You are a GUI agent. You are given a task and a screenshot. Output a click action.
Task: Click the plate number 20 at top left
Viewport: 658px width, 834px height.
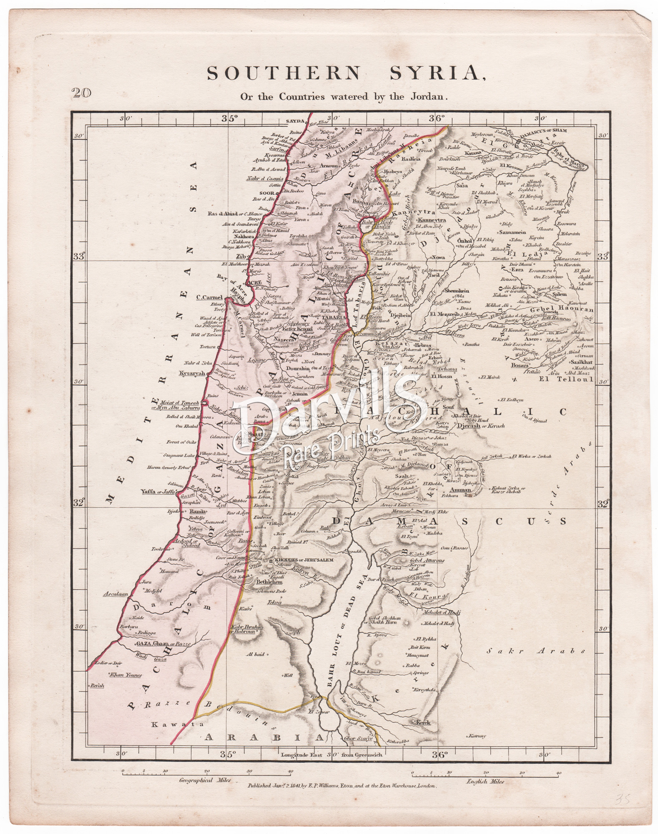(81, 93)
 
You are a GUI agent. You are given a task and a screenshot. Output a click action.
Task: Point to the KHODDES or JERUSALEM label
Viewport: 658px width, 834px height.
(304, 560)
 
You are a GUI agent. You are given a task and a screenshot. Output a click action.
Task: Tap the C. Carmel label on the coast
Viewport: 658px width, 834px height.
(209, 298)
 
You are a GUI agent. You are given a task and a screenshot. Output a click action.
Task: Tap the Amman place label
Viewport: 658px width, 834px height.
(461, 490)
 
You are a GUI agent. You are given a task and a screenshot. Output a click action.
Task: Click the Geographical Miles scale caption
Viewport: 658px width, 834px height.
(202, 780)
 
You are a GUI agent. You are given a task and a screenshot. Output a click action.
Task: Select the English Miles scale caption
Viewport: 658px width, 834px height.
(487, 781)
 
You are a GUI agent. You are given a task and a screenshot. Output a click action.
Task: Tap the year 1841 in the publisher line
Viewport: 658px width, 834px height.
(289, 785)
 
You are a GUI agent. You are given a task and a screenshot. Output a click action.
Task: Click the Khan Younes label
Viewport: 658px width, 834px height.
(125, 687)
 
